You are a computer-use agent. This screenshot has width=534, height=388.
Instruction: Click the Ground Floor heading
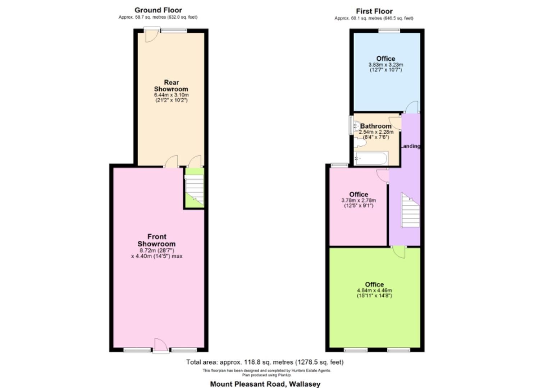(x=158, y=10)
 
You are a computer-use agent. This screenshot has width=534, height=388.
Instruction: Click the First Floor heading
(x=374, y=11)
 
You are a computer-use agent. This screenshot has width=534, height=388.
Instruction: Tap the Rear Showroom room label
(x=171, y=86)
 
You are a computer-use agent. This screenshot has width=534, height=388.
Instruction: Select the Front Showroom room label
(x=157, y=240)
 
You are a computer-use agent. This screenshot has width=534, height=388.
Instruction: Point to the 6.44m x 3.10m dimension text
(x=171, y=95)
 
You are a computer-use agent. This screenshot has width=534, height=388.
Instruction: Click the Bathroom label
(x=376, y=126)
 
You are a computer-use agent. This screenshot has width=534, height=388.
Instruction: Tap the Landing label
(x=410, y=146)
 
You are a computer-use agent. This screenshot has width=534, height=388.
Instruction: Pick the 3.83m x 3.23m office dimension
(x=385, y=65)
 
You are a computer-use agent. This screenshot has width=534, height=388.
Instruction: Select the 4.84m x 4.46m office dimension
(x=374, y=290)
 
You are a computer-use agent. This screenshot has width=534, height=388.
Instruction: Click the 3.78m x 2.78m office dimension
(x=359, y=200)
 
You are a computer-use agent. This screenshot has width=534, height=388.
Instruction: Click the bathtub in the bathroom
(x=370, y=158)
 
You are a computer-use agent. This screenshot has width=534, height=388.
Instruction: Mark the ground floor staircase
(x=194, y=189)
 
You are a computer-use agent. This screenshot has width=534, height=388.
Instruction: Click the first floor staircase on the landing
(x=410, y=211)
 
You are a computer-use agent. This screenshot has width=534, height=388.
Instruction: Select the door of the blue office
(x=412, y=107)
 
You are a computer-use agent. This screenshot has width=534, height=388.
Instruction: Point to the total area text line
(x=265, y=362)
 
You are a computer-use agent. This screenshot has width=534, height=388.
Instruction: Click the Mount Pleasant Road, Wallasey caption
(x=265, y=384)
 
